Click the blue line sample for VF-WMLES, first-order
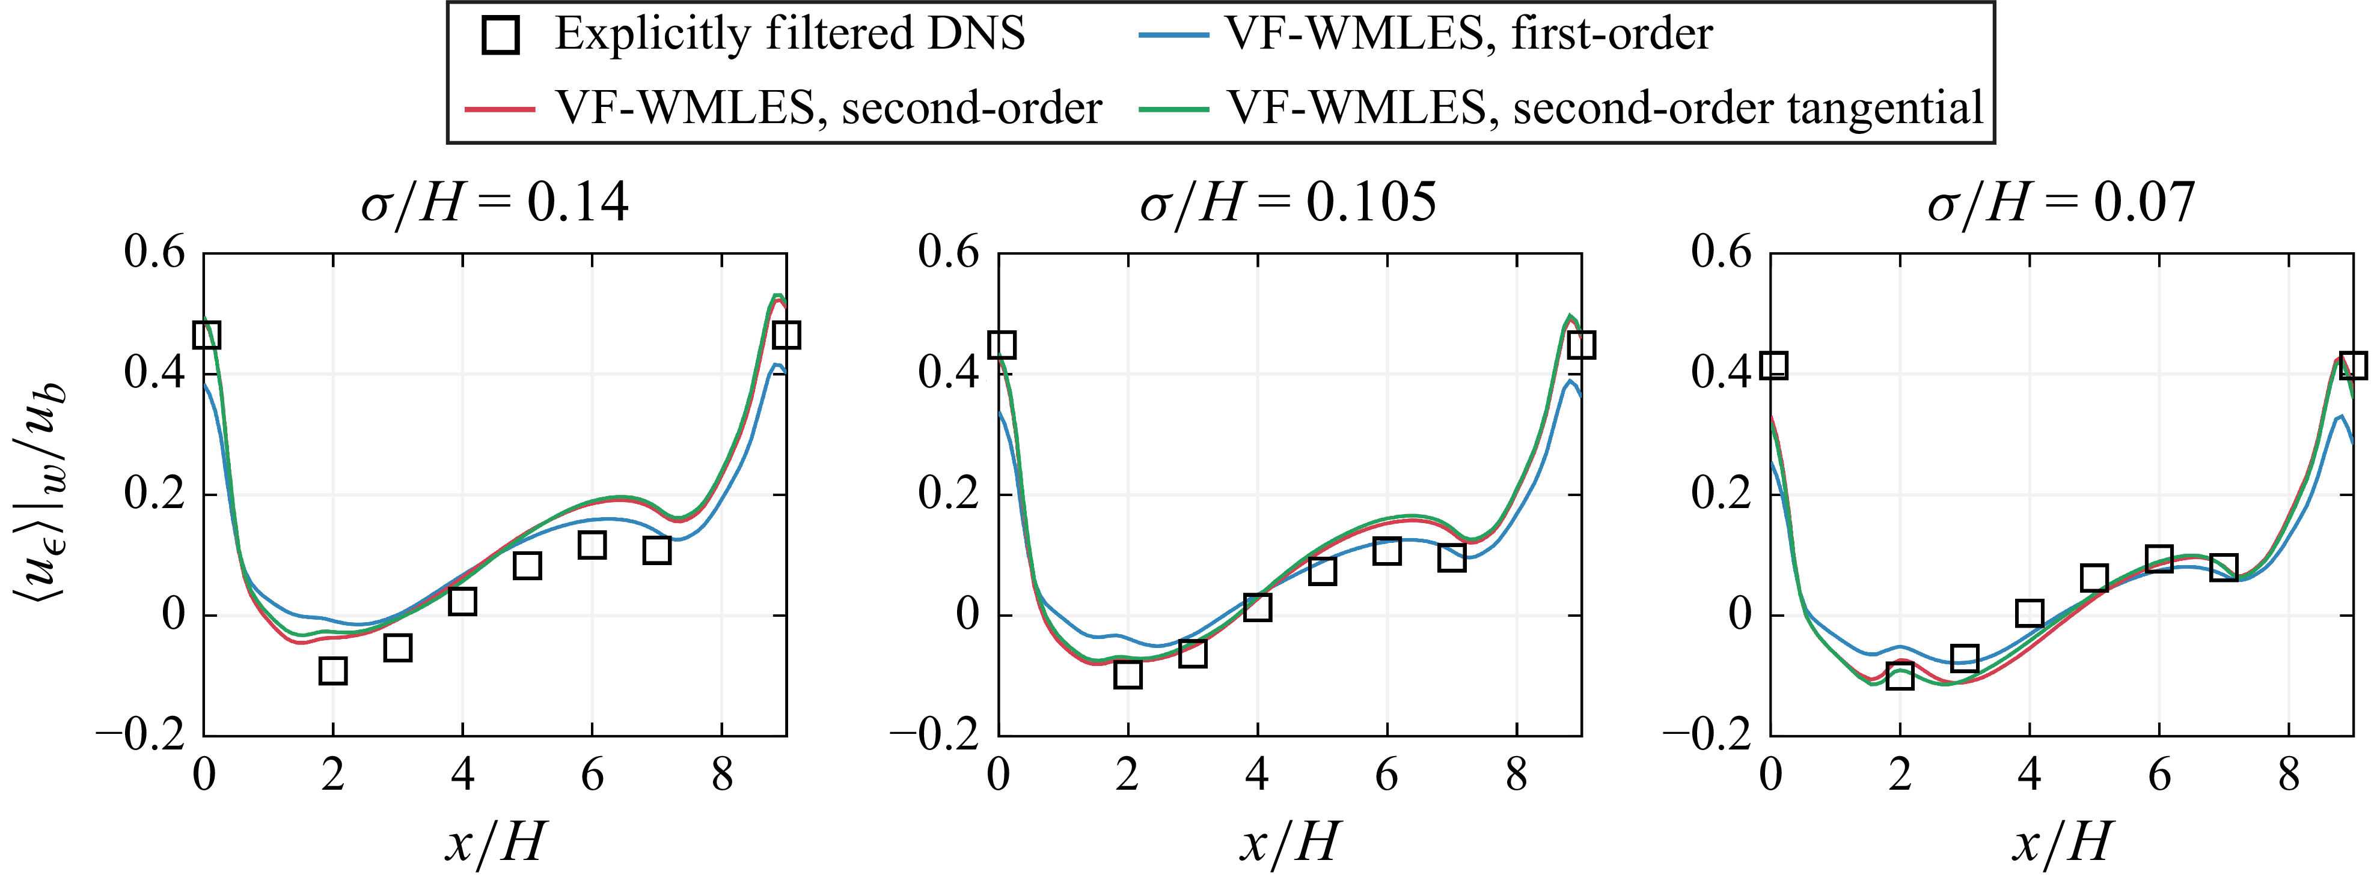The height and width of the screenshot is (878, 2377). [1173, 35]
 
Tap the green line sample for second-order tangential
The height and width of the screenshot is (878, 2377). [1173, 109]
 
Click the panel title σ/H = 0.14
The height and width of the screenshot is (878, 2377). [495, 203]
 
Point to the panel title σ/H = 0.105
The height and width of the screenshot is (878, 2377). [1288, 203]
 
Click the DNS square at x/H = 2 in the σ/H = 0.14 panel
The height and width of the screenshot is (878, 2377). [333, 670]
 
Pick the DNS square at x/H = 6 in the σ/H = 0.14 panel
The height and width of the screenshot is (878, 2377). [592, 545]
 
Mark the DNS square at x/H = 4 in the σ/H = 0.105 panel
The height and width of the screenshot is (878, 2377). [1257, 607]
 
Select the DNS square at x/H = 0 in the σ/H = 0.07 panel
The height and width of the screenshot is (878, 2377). [1773, 365]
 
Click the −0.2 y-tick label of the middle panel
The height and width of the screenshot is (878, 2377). [934, 735]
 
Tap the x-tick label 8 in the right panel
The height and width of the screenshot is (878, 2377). [2289, 775]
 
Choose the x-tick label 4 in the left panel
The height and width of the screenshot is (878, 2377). [462, 775]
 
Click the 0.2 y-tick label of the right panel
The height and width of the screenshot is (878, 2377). [1721, 494]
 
